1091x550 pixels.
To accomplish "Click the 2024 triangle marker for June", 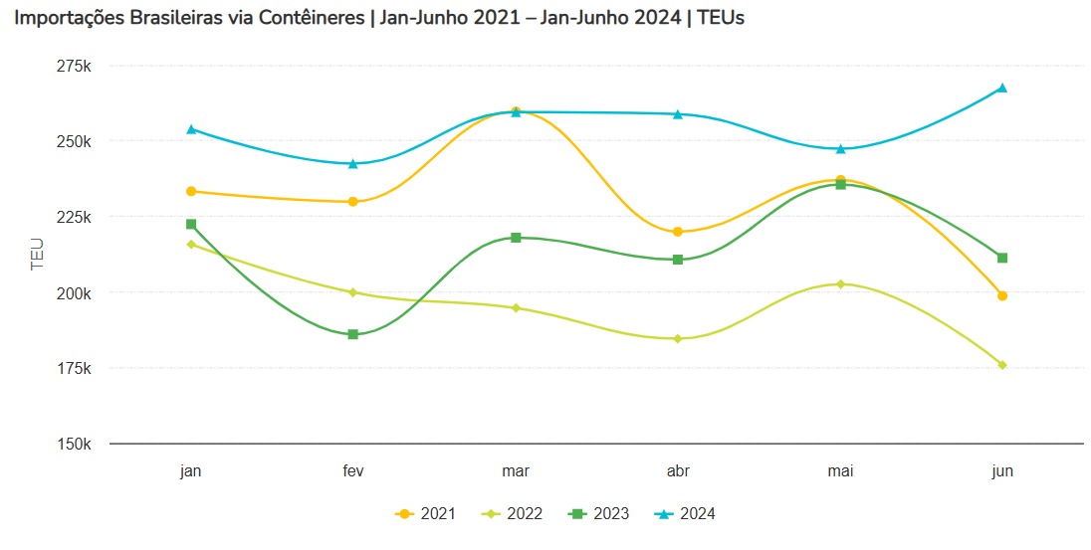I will [x=1002, y=88].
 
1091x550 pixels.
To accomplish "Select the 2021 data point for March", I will [x=516, y=111].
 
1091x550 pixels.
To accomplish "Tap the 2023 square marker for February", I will [x=353, y=334].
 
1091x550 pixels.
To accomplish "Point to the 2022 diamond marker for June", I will [x=1002, y=365].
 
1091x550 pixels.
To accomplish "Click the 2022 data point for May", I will [x=840, y=284].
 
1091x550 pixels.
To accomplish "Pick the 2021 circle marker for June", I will [x=1002, y=295].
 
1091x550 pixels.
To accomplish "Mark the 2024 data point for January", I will [x=191, y=129].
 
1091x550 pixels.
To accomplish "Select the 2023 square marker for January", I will [x=191, y=225].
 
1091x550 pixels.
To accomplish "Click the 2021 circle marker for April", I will [x=678, y=232].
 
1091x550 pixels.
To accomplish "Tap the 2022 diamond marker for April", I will [x=678, y=338].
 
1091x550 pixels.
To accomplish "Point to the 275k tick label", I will [x=74, y=66].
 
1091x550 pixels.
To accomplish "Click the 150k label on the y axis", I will [x=74, y=444].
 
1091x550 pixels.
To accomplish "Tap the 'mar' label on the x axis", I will [x=516, y=471].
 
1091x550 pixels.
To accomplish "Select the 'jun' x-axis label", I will [x=1002, y=471].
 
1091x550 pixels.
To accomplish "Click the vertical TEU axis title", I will [x=37, y=255].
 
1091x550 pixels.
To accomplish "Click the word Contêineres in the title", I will [x=309, y=19].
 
